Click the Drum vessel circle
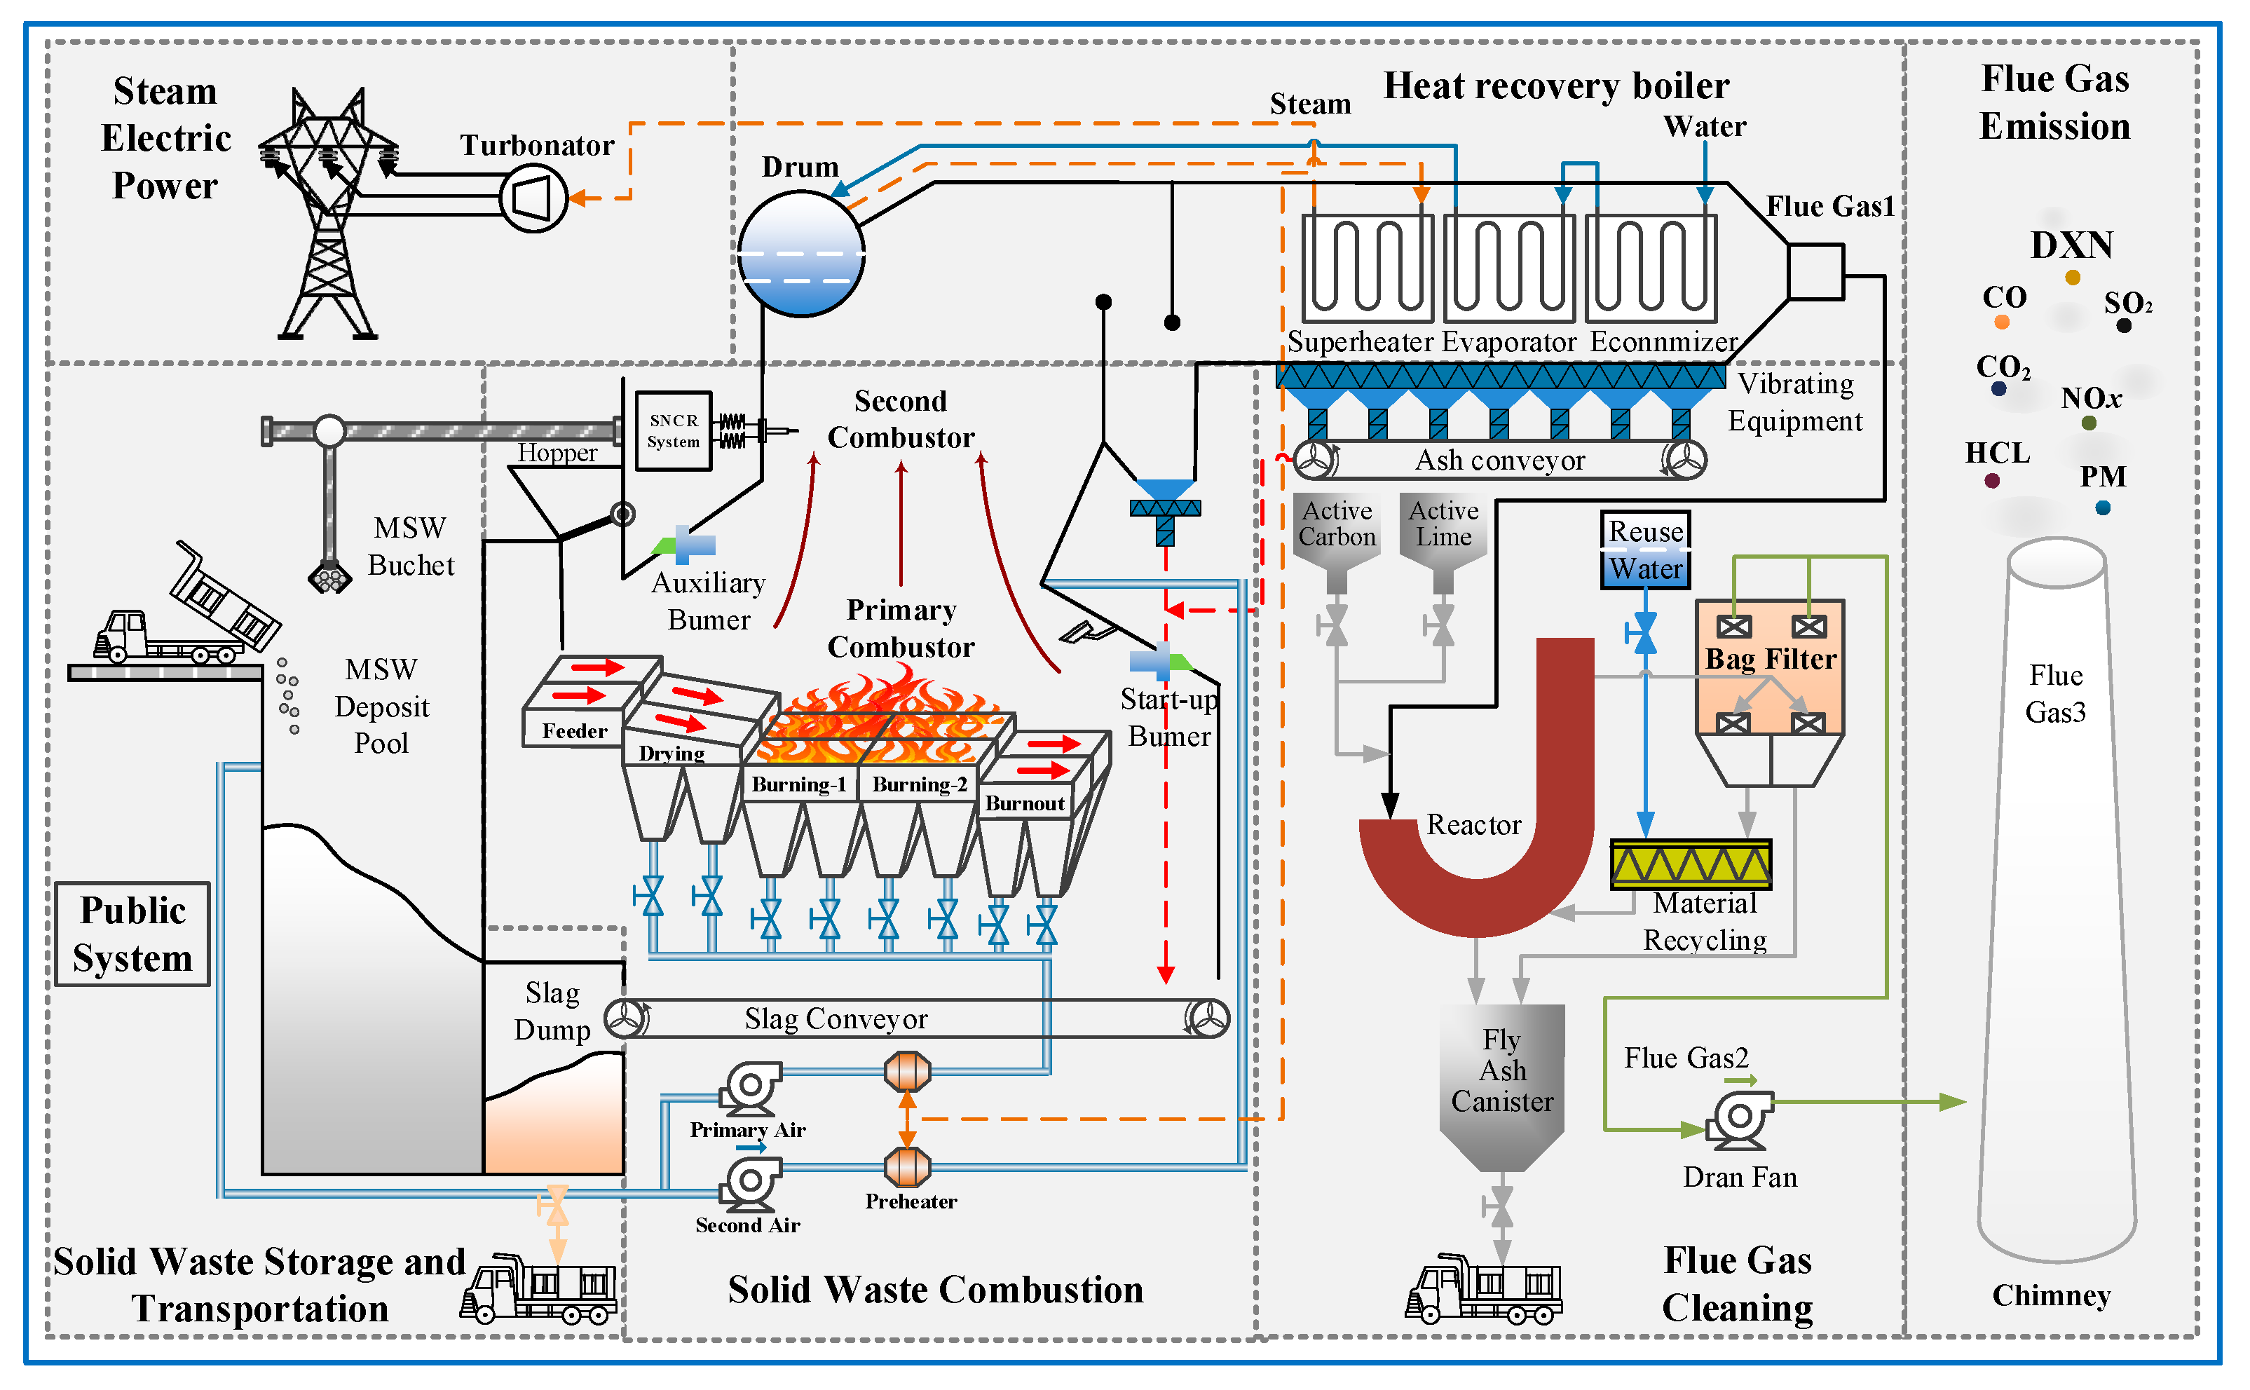point(800,254)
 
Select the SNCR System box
point(674,431)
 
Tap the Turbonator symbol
point(533,198)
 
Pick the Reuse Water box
point(1644,550)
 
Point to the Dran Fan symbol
point(1739,1119)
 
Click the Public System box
point(132,934)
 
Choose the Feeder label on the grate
point(575,731)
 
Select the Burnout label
point(1024,803)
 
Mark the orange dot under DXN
point(2072,278)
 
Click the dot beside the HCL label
point(1992,481)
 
